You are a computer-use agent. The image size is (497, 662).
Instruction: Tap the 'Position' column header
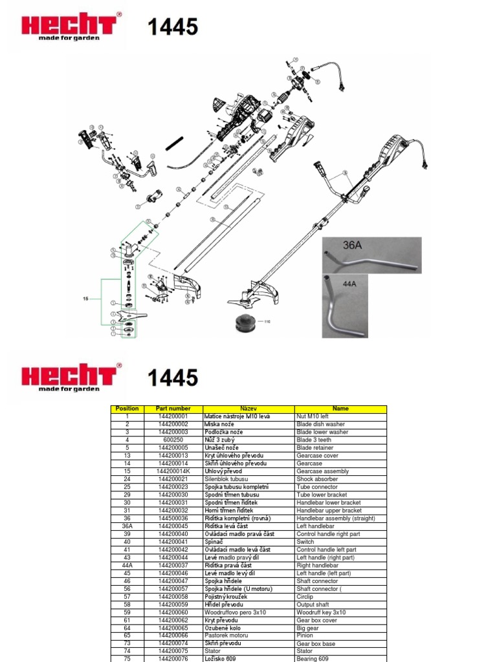[x=127, y=409]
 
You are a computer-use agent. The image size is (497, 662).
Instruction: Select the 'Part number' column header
[x=173, y=409]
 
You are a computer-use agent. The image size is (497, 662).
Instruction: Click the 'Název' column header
[x=248, y=409]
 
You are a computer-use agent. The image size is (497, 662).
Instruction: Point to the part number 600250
[x=173, y=440]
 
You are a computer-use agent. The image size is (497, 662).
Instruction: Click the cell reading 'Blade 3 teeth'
[x=314, y=440]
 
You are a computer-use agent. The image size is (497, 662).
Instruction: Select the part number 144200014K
[x=173, y=471]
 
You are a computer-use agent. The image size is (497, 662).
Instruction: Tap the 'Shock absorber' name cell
[x=317, y=479]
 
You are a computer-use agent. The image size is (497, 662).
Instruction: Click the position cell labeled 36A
[x=127, y=526]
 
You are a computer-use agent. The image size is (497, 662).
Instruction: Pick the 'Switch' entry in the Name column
[x=305, y=542]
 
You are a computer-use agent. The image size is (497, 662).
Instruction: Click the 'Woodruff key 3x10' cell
[x=321, y=612]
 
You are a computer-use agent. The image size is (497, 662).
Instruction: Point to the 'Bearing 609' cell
[x=313, y=659]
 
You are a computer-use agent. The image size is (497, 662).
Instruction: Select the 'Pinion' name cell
[x=305, y=635]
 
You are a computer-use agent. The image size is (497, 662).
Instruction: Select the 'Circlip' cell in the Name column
[x=305, y=597]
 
